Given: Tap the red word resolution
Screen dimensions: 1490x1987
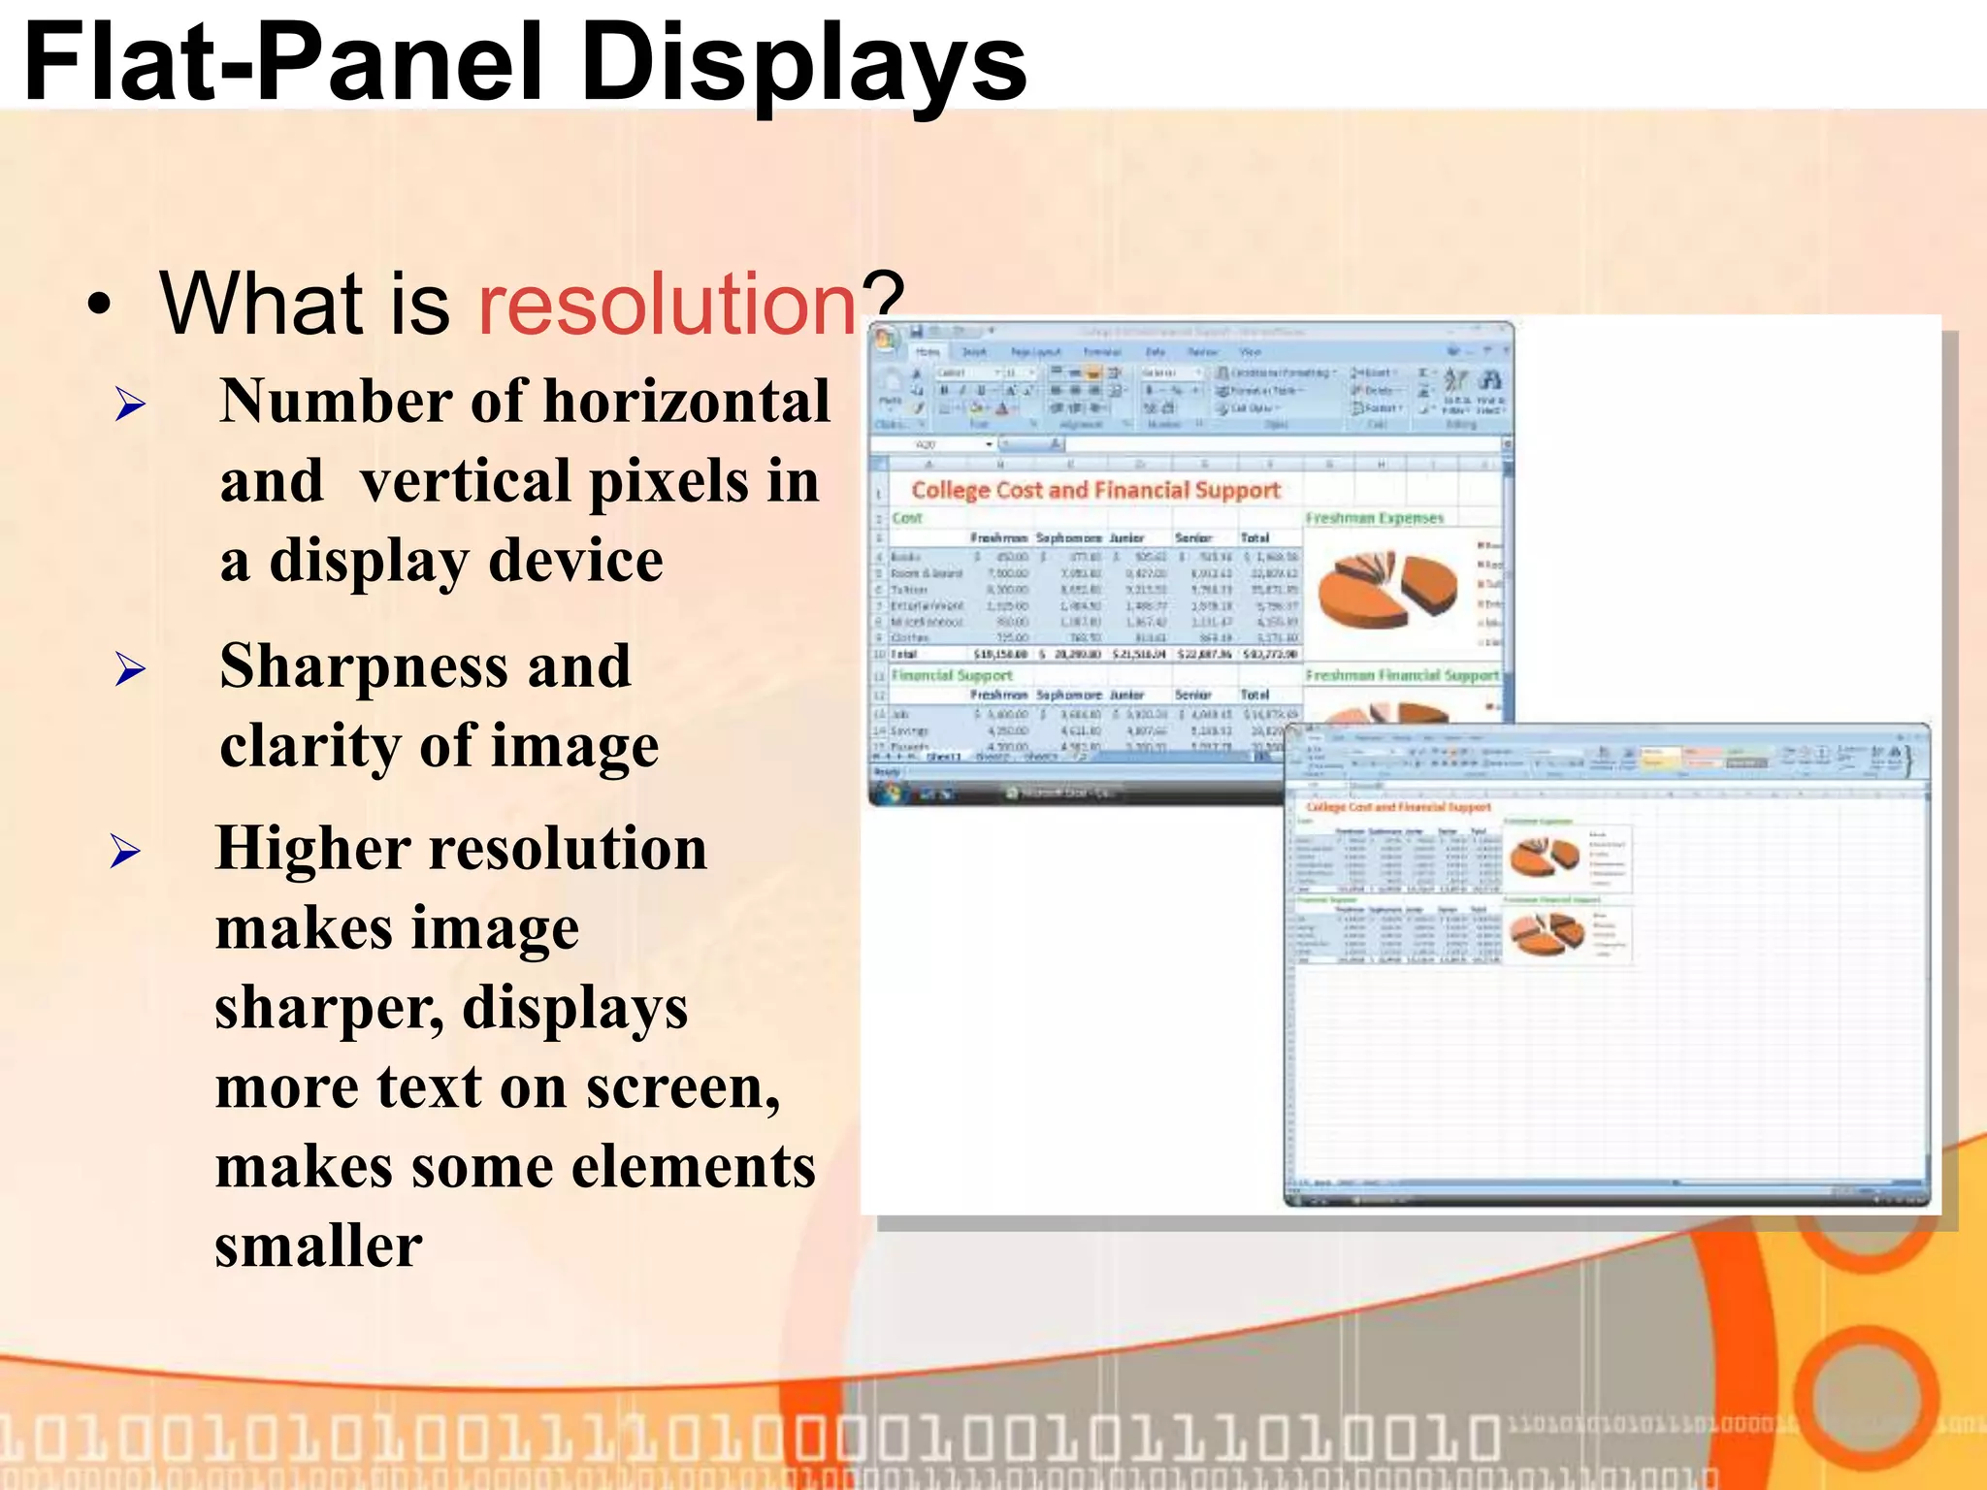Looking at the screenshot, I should pyautogui.click(x=668, y=304).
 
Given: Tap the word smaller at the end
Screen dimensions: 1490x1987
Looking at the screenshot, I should pyautogui.click(x=318, y=1246).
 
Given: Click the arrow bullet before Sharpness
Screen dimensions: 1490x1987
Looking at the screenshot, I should pyautogui.click(x=130, y=668).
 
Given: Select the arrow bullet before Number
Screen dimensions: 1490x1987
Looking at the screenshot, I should pyautogui.click(x=130, y=404).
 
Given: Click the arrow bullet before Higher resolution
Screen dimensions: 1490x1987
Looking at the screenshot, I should pyautogui.click(x=125, y=851).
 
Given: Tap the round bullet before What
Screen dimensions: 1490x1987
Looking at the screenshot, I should pyautogui.click(x=99, y=306).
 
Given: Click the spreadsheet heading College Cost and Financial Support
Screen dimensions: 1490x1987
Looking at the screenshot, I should pyautogui.click(x=1095, y=490).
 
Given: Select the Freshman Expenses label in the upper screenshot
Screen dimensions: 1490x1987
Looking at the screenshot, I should pyautogui.click(x=1374, y=518).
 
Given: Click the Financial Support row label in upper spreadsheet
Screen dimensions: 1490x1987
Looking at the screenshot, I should pyautogui.click(x=952, y=675).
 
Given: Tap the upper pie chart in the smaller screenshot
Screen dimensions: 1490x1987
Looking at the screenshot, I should pyautogui.click(x=1544, y=855).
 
